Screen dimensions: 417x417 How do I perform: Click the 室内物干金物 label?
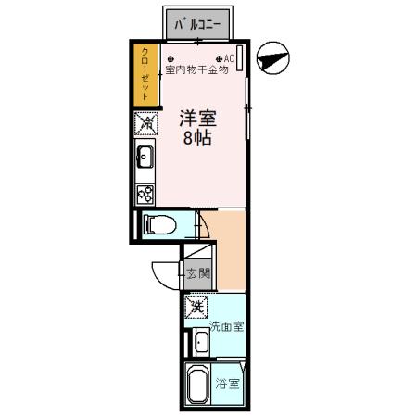196,69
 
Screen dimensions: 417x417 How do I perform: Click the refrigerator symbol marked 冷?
145,123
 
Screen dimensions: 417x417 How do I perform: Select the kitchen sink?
145,157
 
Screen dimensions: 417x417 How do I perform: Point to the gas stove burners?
145,194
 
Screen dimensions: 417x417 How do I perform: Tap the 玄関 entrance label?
196,273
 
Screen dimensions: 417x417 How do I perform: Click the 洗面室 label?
226,326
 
